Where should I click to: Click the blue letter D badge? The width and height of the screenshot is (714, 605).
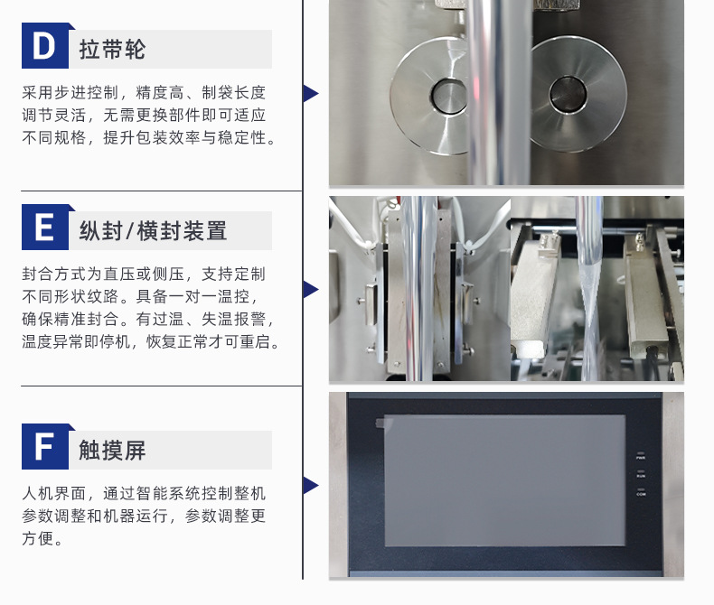45,45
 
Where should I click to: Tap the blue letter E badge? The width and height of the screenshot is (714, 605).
45,227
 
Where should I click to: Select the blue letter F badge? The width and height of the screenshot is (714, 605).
45,446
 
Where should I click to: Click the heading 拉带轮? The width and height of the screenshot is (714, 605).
112,49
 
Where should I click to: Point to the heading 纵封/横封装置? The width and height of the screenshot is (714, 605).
153,230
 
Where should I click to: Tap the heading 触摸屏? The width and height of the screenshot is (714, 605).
112,450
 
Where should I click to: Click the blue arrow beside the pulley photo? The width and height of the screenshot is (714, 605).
311,93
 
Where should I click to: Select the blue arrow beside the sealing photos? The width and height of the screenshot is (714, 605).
311,289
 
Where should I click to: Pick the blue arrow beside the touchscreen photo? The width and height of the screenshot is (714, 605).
311,486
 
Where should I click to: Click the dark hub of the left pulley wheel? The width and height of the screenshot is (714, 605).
449,96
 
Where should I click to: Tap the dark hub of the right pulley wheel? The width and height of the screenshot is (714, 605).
568,94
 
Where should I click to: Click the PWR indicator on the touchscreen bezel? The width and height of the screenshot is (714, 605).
641,456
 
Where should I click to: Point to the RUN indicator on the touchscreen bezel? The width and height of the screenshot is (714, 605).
641,474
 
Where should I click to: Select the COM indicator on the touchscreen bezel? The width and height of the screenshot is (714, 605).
641,492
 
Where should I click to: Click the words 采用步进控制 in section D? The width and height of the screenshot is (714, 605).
70,92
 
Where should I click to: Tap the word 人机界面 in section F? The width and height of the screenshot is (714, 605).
54,493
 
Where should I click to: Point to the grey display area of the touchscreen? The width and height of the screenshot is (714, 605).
505,480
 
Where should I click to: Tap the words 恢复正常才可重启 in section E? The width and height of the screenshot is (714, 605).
209,341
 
